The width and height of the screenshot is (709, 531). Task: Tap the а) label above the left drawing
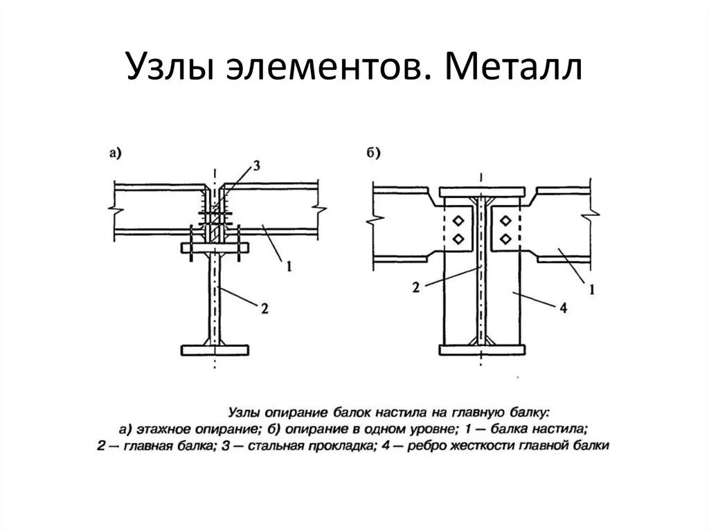point(115,154)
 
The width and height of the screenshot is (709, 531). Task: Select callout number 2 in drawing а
point(264,309)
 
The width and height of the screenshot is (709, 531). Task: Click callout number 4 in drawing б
point(562,309)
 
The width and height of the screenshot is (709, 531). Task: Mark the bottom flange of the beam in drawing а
point(215,350)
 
